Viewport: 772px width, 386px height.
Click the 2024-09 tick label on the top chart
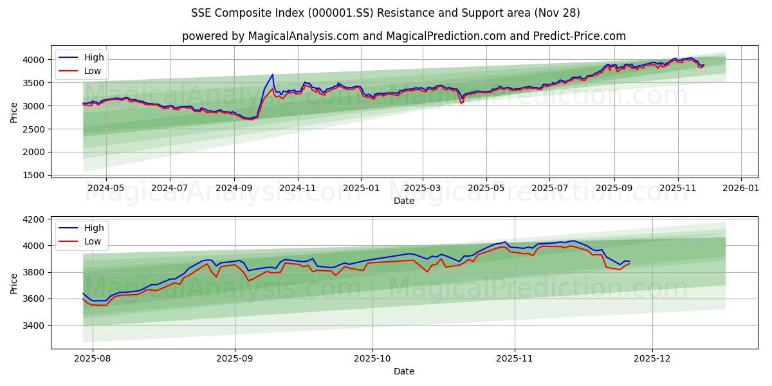[x=234, y=188]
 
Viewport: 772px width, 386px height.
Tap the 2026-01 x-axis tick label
[x=741, y=188]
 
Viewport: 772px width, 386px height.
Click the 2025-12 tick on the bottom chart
[x=652, y=359]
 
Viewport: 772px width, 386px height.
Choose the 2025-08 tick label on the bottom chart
[x=93, y=359]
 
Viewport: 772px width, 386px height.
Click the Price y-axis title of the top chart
[x=14, y=112]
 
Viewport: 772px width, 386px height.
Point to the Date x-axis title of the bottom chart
[x=404, y=371]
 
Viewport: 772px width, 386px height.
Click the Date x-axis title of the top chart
[x=404, y=201]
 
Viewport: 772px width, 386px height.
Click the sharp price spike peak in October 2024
[x=272, y=75]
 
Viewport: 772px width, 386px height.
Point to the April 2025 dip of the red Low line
[x=461, y=103]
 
